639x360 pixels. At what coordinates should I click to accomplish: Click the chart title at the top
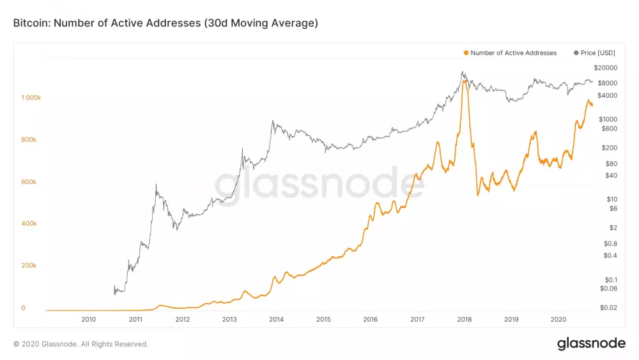(166, 23)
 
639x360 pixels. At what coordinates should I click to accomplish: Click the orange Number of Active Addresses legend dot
(466, 53)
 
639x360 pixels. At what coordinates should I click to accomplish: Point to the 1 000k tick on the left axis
(31, 98)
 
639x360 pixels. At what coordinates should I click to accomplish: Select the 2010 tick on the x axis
(88, 319)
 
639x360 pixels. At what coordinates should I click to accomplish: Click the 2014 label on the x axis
(276, 319)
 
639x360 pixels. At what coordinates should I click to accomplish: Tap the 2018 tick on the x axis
(464, 319)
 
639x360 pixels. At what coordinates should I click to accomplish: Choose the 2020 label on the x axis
(558, 319)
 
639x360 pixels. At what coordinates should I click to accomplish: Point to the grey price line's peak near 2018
(463, 72)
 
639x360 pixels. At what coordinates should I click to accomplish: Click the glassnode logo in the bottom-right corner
(591, 343)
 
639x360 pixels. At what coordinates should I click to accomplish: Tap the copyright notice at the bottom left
(81, 344)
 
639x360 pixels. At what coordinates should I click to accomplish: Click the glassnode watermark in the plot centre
(314, 184)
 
